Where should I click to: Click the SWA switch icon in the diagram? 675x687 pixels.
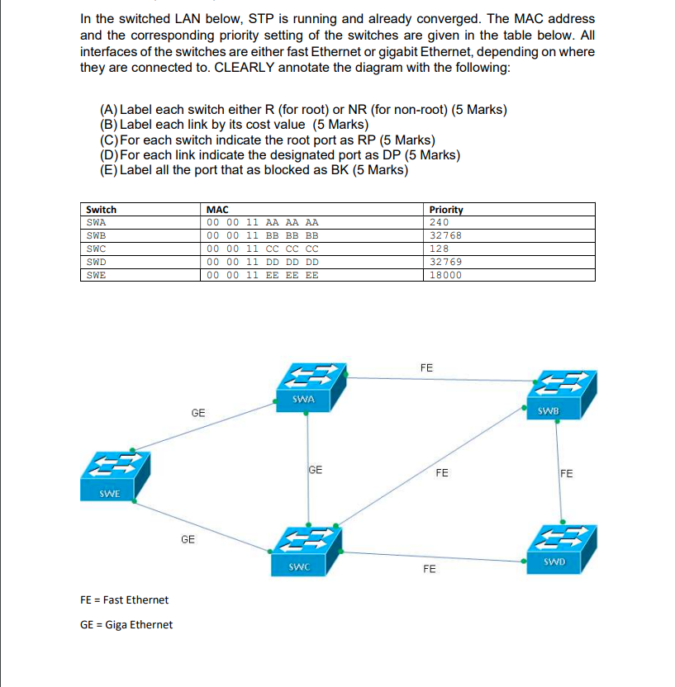308,385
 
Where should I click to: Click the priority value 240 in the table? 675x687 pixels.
440,222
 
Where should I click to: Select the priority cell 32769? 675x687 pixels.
447,262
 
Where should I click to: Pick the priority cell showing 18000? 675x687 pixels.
447,275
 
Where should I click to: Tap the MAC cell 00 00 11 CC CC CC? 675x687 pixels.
262,249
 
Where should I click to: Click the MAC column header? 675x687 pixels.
217,210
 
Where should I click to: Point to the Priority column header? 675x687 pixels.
447,210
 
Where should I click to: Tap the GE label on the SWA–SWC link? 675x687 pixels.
315,470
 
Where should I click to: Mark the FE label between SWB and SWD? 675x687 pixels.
566,474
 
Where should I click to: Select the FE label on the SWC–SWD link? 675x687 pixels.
430,570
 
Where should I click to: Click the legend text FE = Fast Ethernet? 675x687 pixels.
124,599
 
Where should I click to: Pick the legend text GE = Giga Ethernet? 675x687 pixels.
126,624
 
